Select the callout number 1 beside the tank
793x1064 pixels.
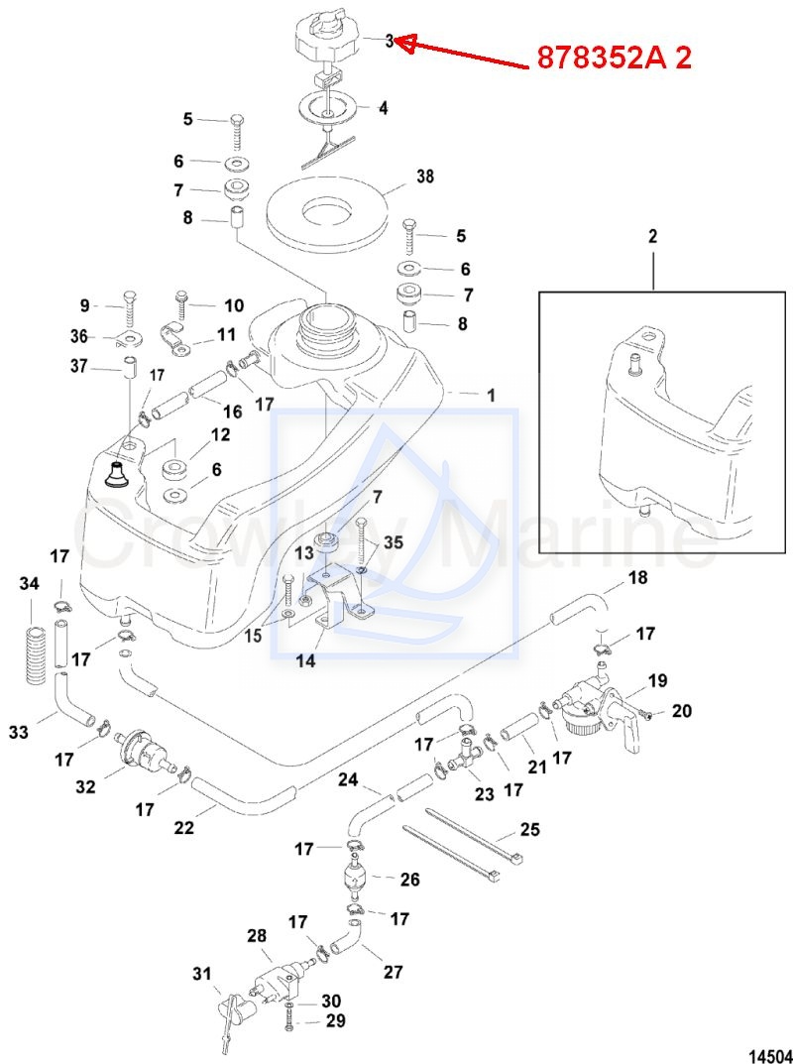pyautogui.click(x=490, y=395)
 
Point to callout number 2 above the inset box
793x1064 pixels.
pyautogui.click(x=653, y=237)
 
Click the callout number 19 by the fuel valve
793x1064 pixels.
pyautogui.click(x=657, y=680)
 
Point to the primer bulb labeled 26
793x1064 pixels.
pyautogui.click(x=353, y=880)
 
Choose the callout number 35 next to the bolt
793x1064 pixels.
pyautogui.click(x=394, y=542)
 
